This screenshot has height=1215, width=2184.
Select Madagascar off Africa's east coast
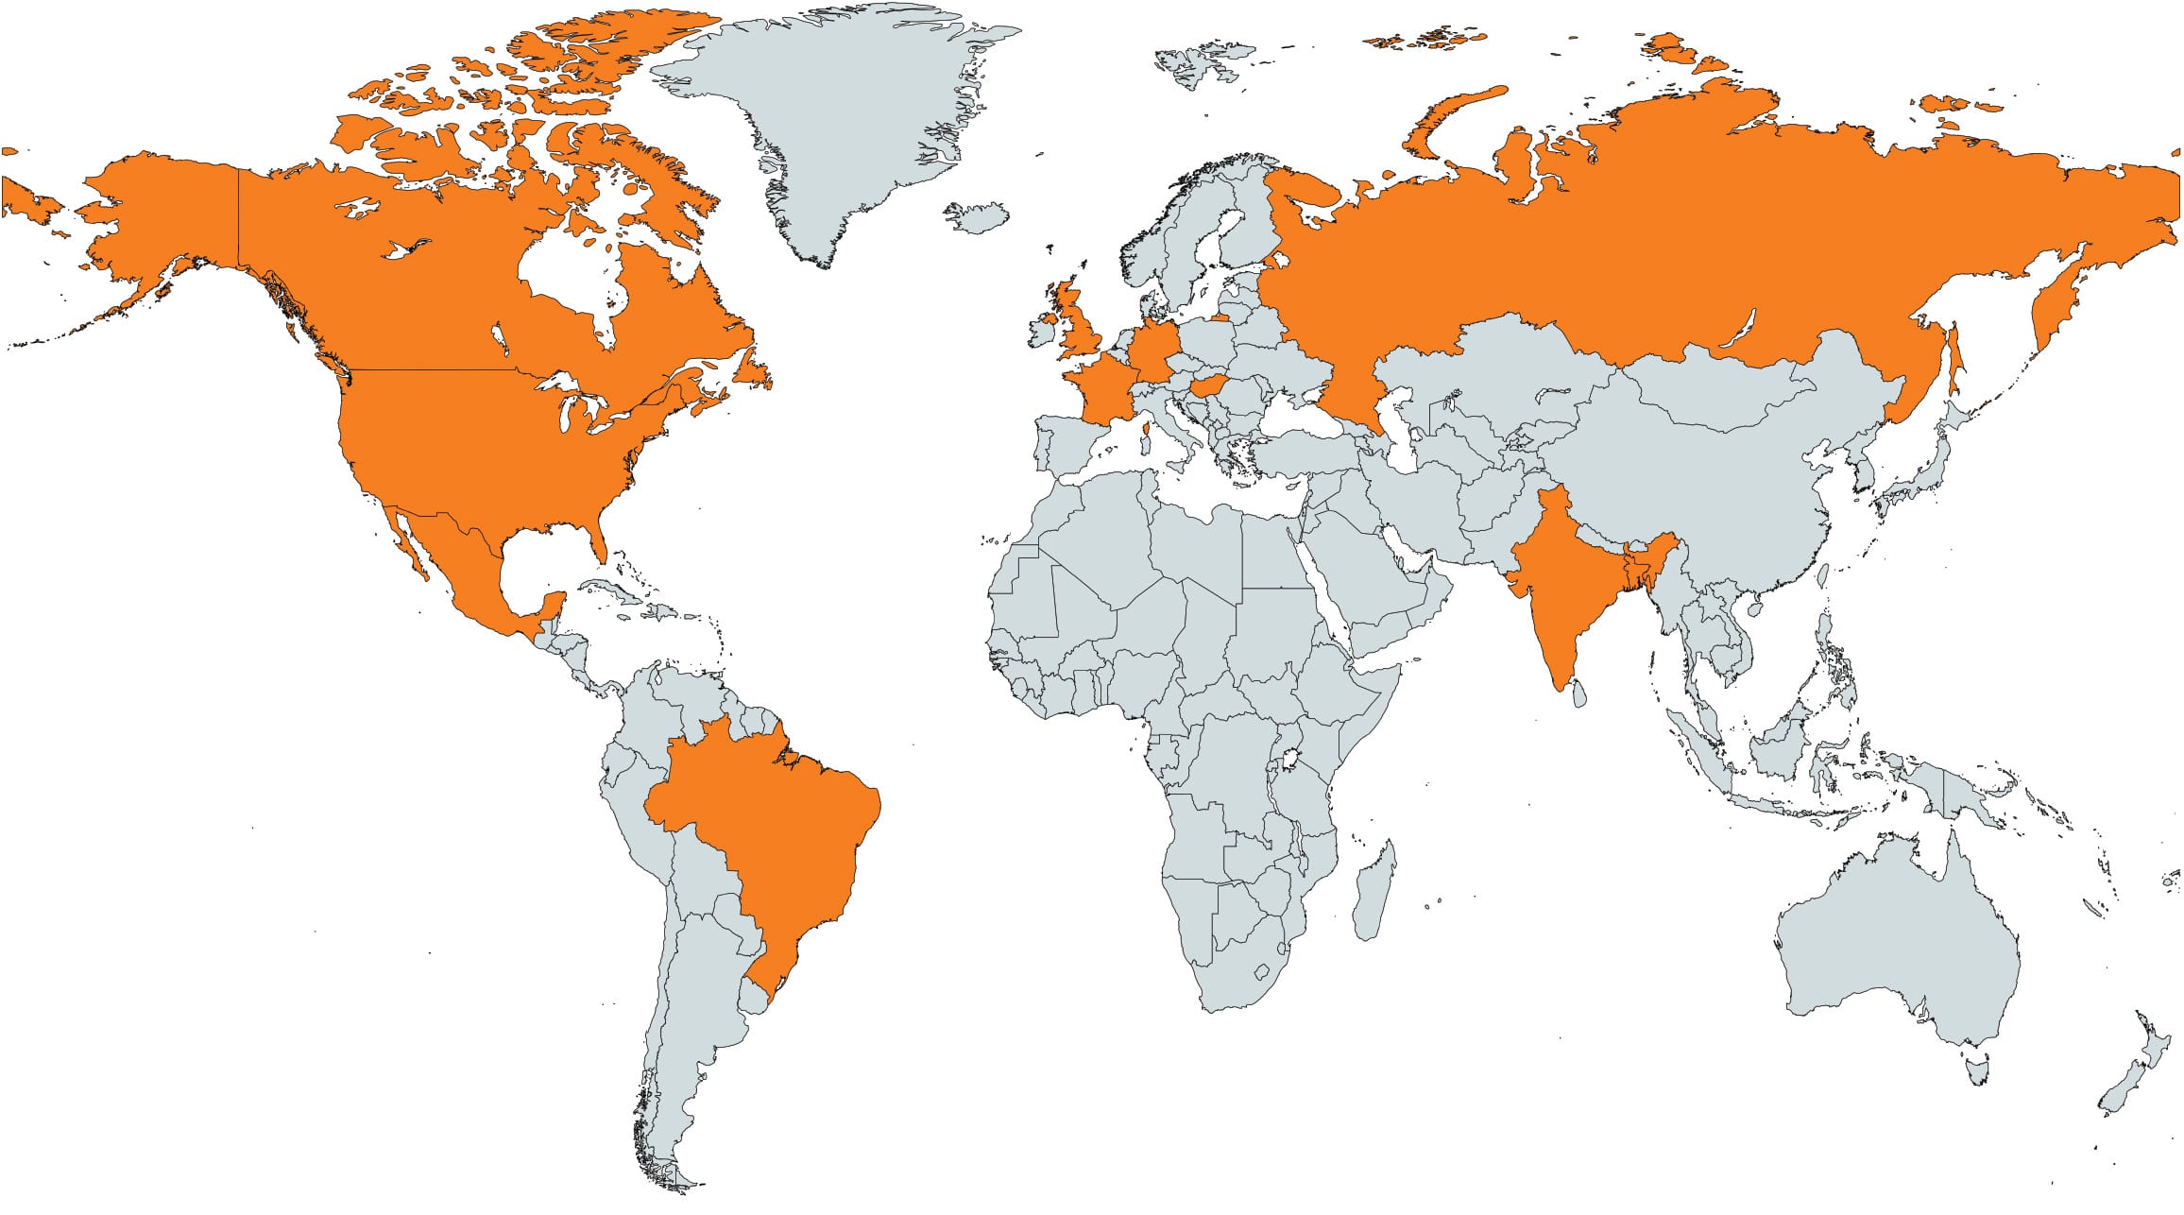tap(1374, 893)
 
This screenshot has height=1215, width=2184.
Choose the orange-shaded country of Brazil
tap(775, 831)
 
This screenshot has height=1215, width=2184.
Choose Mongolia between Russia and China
tap(1719, 387)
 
